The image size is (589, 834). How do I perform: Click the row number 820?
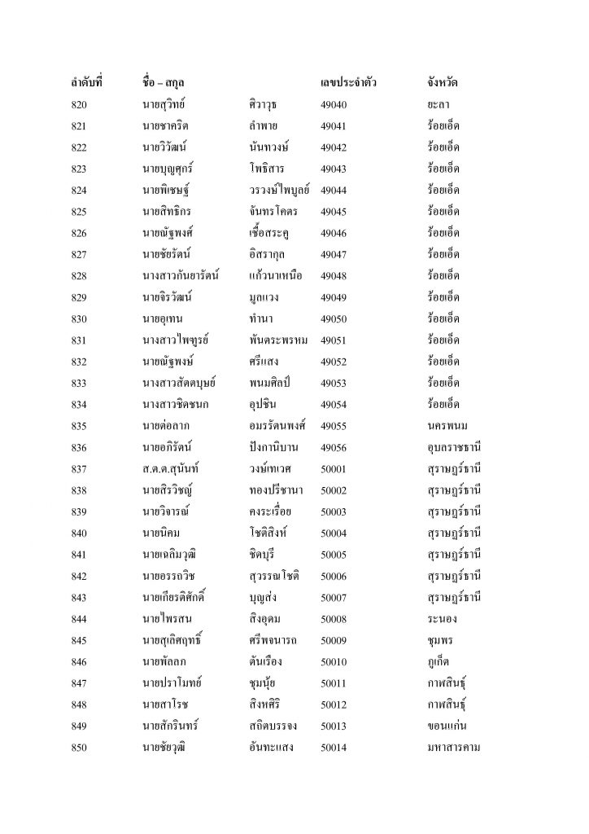(81, 105)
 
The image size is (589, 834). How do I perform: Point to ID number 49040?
(334, 105)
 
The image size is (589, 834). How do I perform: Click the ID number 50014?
(334, 747)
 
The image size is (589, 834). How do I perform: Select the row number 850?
(81, 747)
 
